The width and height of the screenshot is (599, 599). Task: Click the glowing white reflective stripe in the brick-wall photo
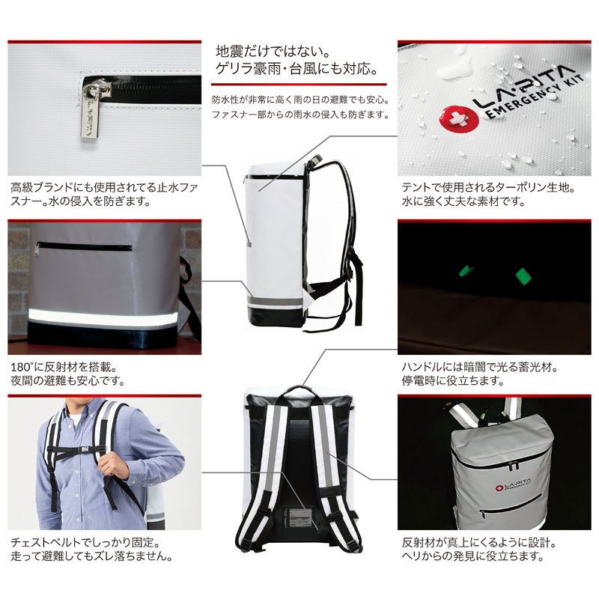click(x=103, y=317)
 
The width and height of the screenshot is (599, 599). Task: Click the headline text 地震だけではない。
click(x=273, y=51)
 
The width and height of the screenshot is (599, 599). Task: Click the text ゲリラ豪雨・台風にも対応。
click(x=297, y=69)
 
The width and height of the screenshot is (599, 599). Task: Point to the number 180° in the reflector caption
click(x=22, y=367)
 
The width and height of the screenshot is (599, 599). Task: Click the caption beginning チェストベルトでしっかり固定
click(x=85, y=542)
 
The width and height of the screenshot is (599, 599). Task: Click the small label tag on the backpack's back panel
click(x=299, y=517)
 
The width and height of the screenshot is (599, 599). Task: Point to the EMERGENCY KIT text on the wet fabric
click(x=534, y=97)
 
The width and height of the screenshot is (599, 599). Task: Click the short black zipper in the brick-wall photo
click(x=84, y=246)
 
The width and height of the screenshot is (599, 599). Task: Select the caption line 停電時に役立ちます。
click(x=453, y=380)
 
